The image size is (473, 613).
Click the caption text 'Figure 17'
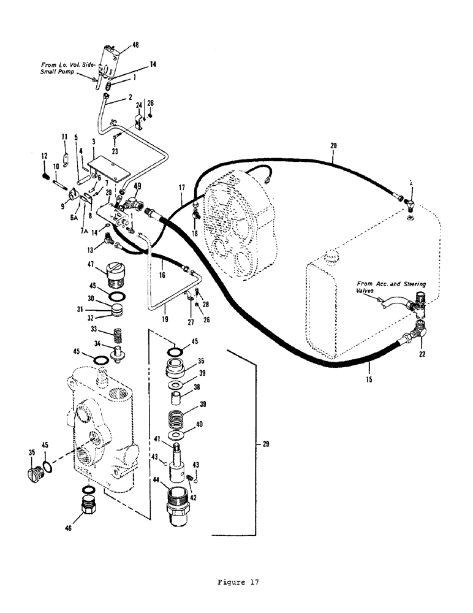pyautogui.click(x=238, y=582)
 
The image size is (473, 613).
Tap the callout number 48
pyautogui.click(x=135, y=45)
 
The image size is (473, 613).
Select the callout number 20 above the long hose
pyautogui.click(x=333, y=146)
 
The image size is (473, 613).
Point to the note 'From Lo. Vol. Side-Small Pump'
pyautogui.click(x=64, y=68)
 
